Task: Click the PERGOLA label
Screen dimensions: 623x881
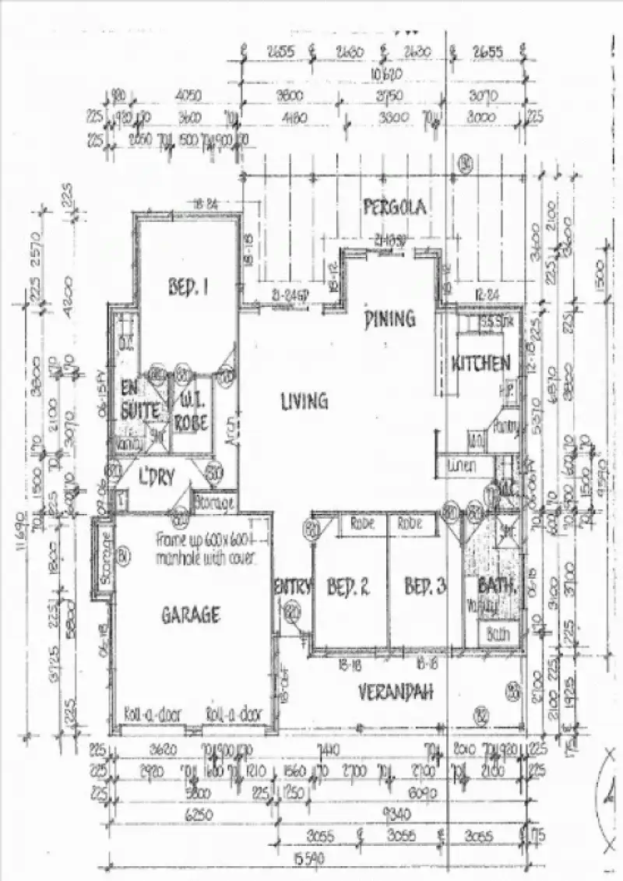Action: tap(394, 207)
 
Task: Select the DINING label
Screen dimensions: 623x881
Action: tap(390, 318)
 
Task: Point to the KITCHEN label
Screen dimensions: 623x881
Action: tap(481, 363)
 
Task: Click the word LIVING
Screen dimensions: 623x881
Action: tap(304, 401)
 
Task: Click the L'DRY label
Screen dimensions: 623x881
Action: tap(155, 474)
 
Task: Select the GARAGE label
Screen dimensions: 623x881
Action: tap(190, 615)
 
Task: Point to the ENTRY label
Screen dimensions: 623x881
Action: tap(293, 586)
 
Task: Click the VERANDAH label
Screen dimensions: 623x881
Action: tap(395, 691)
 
